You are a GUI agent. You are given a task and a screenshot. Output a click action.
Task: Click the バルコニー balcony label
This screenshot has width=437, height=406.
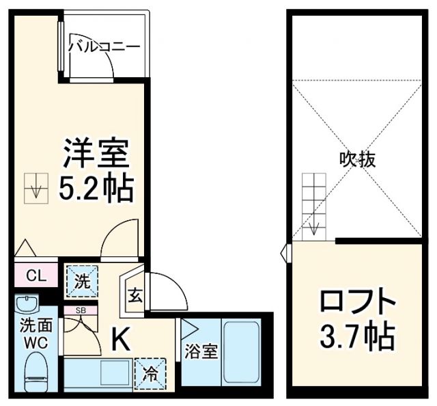(x=104, y=46)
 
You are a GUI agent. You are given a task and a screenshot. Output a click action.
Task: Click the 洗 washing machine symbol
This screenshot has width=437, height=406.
(x=81, y=281)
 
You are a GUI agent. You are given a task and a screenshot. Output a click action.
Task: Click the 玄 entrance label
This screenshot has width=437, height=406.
(x=135, y=295)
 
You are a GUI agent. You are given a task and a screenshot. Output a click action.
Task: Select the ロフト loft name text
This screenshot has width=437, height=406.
(x=358, y=301)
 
